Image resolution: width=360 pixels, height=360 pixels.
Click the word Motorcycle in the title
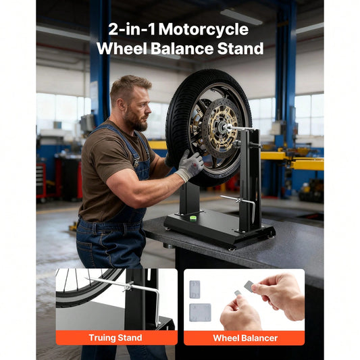[203, 30]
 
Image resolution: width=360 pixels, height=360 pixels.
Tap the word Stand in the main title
[240, 49]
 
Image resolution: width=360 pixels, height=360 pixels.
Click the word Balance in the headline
[182, 49]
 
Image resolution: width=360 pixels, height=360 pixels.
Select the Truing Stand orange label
[116, 338]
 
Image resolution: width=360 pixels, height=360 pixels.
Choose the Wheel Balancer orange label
[245, 338]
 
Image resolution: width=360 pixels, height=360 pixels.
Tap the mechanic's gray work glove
[190, 165]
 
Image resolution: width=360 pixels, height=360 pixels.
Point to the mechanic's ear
[121, 105]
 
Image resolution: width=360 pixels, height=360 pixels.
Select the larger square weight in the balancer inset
[200, 312]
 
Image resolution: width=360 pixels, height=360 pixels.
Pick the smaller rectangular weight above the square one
[195, 289]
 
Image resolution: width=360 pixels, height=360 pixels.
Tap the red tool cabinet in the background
[41, 180]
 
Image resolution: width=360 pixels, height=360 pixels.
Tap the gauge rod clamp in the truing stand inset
[128, 286]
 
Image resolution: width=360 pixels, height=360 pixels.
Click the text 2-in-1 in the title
[132, 30]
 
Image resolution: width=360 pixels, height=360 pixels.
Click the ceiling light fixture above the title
[241, 16]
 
